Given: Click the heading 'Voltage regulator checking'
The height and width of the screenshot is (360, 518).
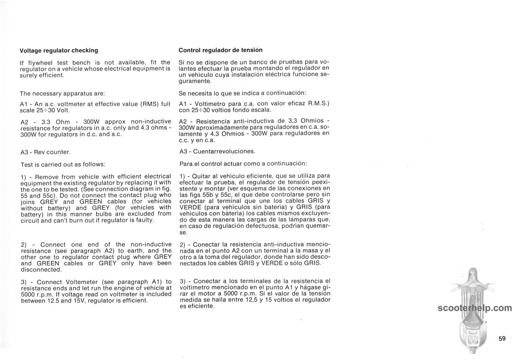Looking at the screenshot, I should click(59, 50).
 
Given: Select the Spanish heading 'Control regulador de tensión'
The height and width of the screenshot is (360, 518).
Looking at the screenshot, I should click(220, 50).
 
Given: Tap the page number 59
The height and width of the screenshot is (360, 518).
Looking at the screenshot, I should click(502, 338).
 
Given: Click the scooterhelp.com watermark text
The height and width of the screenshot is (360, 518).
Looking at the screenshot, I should click(474, 308).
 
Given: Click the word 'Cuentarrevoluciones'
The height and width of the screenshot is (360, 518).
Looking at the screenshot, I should click(224, 151).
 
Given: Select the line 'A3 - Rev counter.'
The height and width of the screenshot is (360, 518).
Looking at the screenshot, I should click(46, 152).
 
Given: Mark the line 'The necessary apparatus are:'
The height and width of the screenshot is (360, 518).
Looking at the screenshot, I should click(62, 93).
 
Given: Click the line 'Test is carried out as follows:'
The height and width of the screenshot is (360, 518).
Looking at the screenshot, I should click(63, 164).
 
